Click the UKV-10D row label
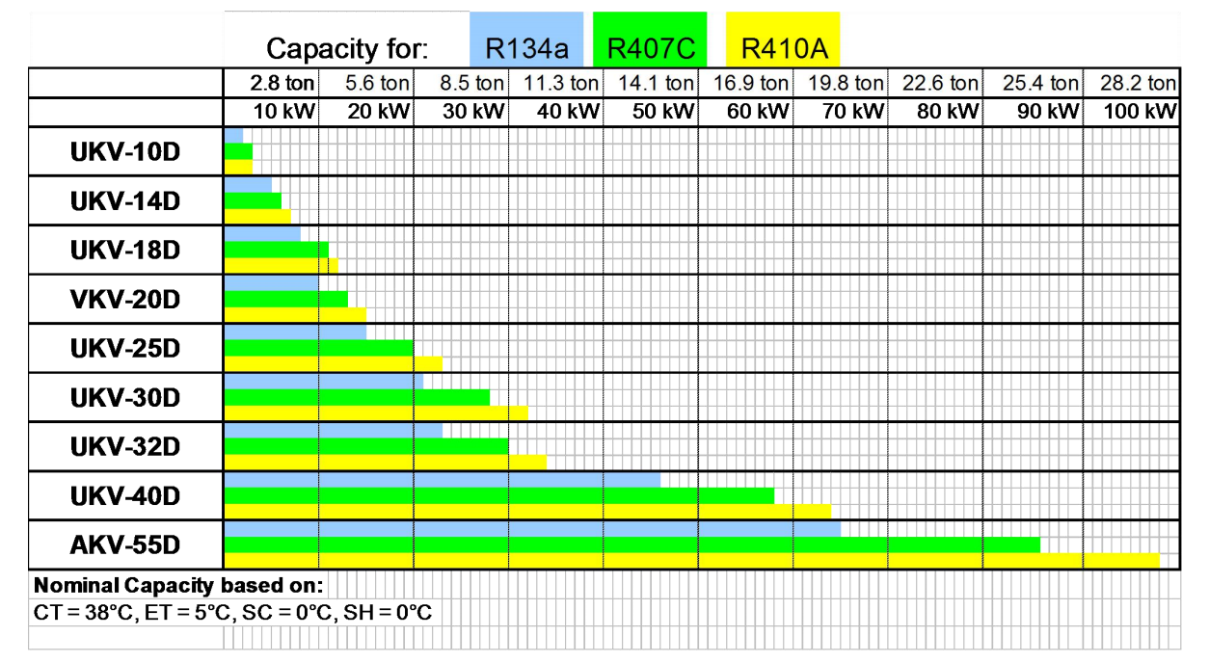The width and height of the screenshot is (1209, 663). point(125,152)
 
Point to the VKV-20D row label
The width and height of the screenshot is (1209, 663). point(125,300)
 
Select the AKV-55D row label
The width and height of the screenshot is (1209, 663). point(125,545)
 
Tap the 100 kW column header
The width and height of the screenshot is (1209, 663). point(1139,112)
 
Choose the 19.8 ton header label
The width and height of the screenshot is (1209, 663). point(846,84)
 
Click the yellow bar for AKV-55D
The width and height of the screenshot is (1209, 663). point(691,561)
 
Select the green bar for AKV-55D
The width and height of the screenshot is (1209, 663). point(631,544)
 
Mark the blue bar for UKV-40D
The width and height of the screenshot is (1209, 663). point(442,479)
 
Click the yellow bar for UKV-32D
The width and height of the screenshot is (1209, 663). point(385,462)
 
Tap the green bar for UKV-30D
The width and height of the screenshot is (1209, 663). point(357,397)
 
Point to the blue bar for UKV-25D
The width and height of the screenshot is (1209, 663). point(294,331)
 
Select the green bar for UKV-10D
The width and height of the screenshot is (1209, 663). point(238,151)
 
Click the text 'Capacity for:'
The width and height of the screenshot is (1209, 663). point(347,48)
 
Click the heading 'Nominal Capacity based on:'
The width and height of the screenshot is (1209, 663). point(178,586)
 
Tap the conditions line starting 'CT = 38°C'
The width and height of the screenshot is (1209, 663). point(233,612)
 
